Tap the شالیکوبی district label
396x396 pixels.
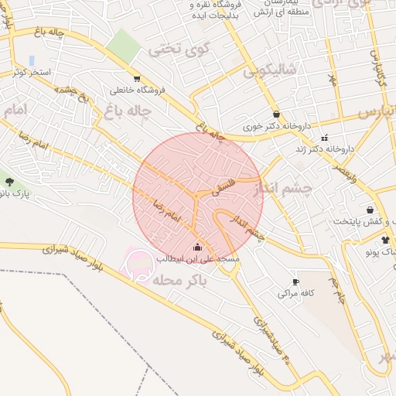click(270, 72)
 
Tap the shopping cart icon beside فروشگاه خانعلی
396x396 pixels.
click(137, 78)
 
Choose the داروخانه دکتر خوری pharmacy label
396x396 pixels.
click(276, 125)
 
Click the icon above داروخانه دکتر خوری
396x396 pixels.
click(276, 114)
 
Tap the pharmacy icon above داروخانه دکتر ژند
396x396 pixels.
click(324, 138)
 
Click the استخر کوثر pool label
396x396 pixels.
click(32, 72)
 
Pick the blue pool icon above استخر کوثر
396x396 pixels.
click(32, 60)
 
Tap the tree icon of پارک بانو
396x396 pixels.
click(9, 182)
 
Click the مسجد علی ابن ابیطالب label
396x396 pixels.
click(198, 258)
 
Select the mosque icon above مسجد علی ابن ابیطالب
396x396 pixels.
click(198, 247)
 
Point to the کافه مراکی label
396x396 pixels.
click(294, 294)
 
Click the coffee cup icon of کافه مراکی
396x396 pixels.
click(295, 282)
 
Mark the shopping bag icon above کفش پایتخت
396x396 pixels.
click(370, 210)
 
